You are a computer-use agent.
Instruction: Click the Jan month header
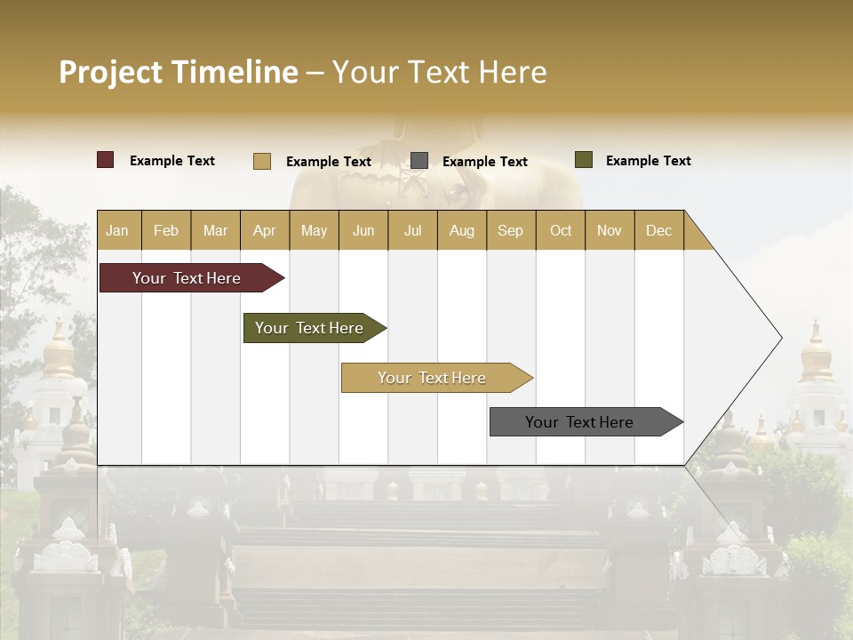point(117,230)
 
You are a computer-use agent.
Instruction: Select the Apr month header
point(264,230)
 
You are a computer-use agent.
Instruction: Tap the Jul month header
point(412,230)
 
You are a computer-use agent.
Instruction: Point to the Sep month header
point(510,230)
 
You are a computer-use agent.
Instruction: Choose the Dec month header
point(658,230)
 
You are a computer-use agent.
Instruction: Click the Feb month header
point(166,230)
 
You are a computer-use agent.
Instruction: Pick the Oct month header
point(561,230)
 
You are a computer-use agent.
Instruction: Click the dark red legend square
point(106,160)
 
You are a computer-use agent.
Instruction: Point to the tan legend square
point(262,161)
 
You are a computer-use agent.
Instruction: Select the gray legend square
point(419,161)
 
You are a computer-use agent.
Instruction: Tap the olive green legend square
point(584,160)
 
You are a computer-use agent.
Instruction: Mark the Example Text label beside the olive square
point(648,161)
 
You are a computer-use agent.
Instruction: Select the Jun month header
point(363,230)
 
